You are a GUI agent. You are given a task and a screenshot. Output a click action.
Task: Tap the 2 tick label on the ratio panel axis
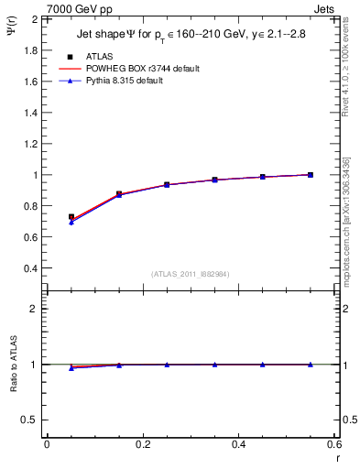[x=33, y=309]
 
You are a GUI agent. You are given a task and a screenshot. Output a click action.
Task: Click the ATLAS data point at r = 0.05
[x=71, y=217]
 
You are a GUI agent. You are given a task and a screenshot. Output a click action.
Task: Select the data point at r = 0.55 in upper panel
[x=310, y=174]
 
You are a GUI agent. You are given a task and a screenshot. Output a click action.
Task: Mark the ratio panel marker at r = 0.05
[x=71, y=367]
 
